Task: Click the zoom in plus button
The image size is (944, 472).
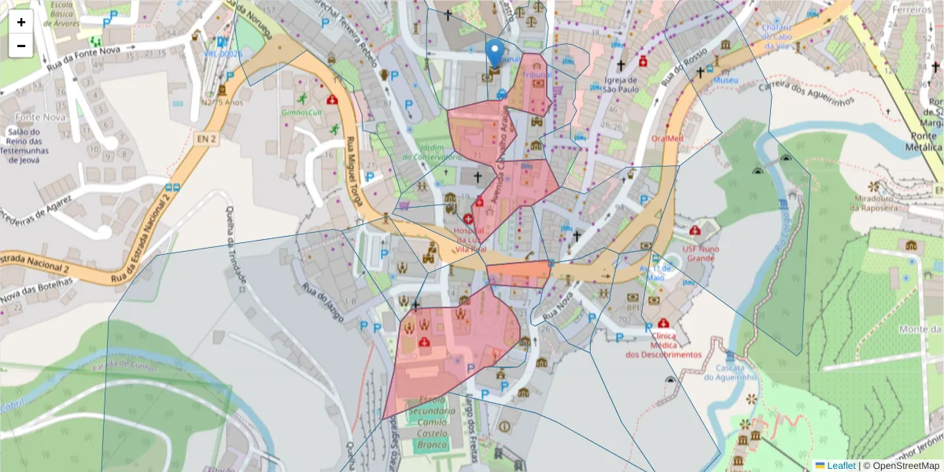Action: pos(21,22)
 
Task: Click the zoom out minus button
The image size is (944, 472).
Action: pos(21,46)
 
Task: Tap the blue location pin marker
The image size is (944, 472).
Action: pos(494,53)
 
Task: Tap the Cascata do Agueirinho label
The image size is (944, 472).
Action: pos(729,372)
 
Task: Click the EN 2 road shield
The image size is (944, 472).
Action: pos(205,138)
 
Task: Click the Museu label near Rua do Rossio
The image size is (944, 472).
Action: pos(725,80)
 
